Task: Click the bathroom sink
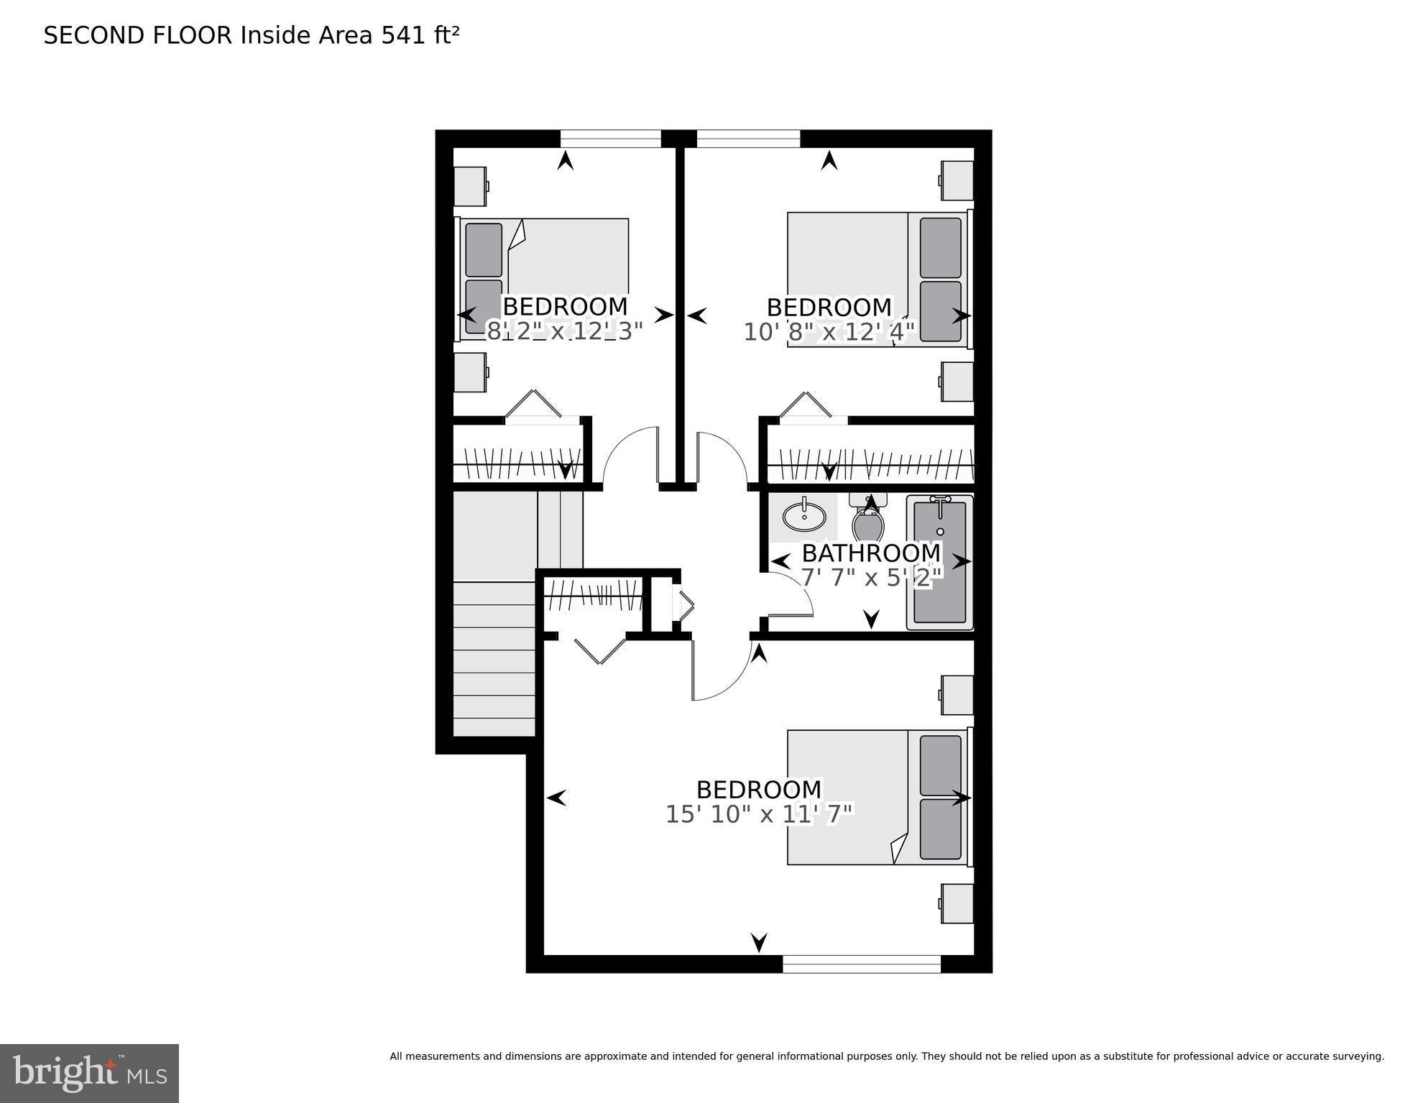(804, 515)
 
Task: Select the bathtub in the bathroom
(939, 562)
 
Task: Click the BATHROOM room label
(870, 553)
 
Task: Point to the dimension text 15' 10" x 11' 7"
(759, 814)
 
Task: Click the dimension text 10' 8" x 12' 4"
(829, 332)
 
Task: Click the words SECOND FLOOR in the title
(138, 35)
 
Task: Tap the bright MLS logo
(89, 1073)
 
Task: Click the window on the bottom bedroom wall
(861, 964)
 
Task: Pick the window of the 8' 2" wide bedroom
(610, 139)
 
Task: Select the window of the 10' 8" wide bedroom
(748, 139)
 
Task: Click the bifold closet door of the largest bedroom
(600, 650)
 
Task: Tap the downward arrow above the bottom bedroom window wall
(759, 941)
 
